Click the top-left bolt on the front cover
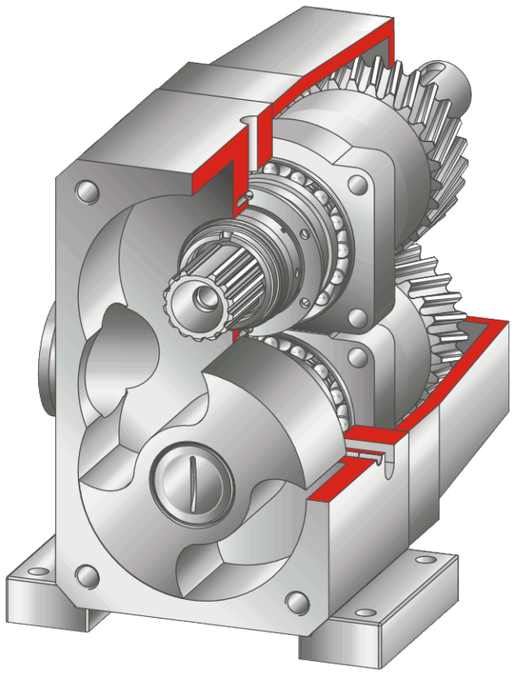[x=83, y=188]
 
